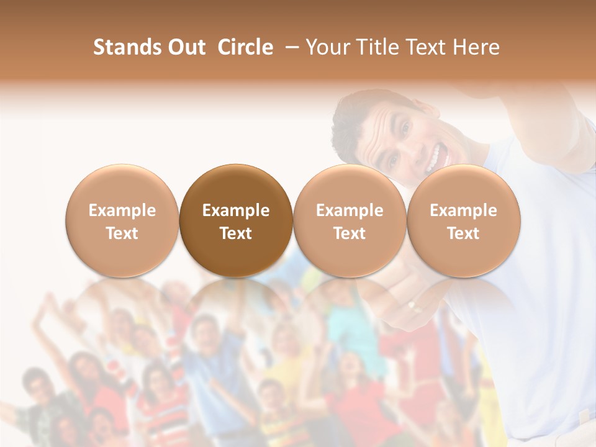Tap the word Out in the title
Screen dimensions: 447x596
pos(185,47)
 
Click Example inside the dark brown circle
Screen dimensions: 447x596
pos(236,210)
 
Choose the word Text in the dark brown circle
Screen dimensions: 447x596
pos(236,233)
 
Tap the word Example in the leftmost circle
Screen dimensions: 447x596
pos(122,210)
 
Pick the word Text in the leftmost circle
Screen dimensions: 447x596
pos(122,233)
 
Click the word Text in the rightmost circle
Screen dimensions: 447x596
pos(464,233)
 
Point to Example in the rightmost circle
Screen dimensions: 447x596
pos(464,210)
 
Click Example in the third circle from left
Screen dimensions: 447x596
pos(350,210)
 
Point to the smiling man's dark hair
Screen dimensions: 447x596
pos(354,112)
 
